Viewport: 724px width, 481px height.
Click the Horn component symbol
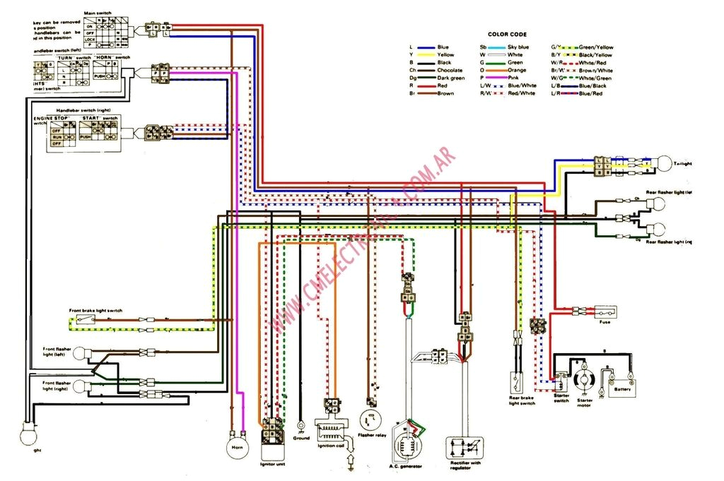pos(236,446)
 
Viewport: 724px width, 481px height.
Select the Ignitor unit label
pos(272,464)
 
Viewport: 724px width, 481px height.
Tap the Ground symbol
pos(301,427)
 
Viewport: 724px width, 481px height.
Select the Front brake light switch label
pos(95,311)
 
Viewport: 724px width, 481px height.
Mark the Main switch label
pos(97,13)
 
